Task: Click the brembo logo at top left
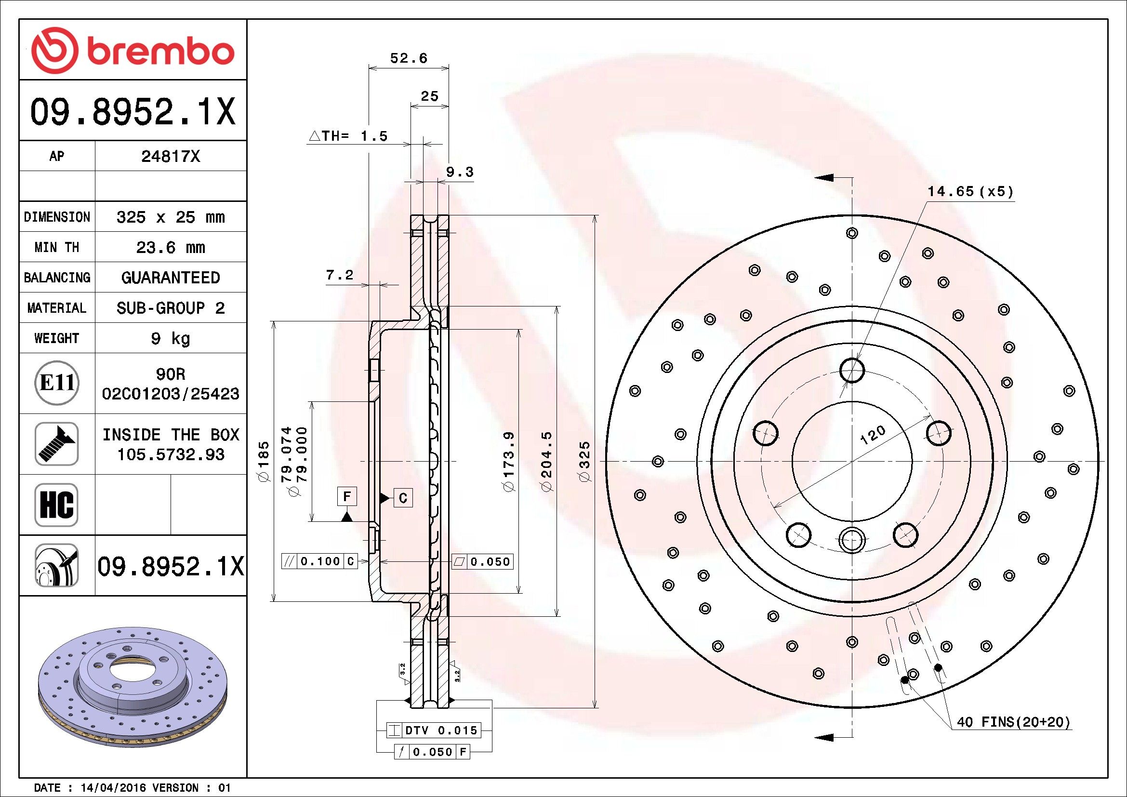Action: point(133,51)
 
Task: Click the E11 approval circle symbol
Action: point(57,383)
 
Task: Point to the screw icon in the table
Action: point(57,444)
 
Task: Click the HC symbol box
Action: point(57,505)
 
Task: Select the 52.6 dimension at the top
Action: point(409,58)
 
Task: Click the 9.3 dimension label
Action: point(460,172)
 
